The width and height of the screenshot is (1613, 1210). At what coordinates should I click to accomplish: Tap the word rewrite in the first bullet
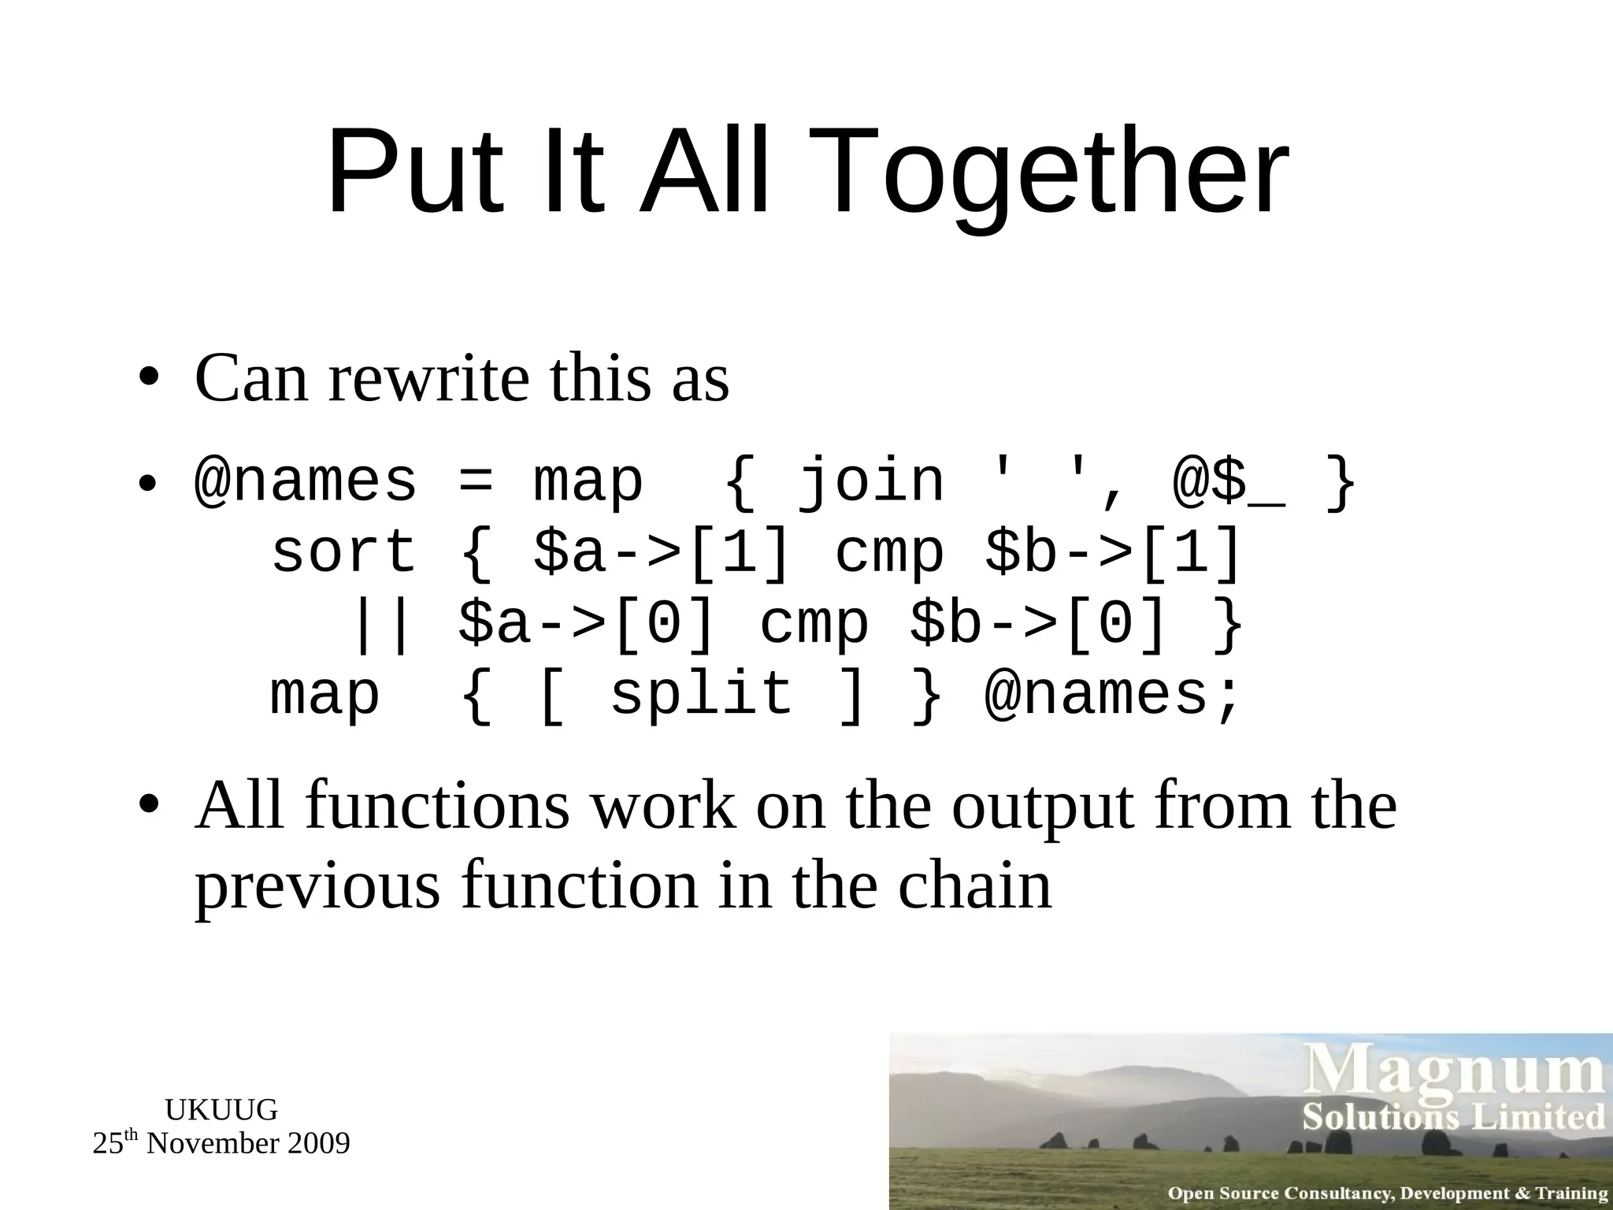[428, 380]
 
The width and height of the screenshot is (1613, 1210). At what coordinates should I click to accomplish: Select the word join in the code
[870, 482]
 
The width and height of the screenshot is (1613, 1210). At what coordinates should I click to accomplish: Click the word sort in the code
[343, 552]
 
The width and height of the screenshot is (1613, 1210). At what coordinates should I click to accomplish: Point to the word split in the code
[701, 695]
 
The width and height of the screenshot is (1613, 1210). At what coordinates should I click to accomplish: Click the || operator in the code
[382, 624]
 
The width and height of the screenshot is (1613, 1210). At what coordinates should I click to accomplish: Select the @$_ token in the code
[1229, 482]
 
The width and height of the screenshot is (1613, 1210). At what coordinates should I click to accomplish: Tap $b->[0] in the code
[1038, 624]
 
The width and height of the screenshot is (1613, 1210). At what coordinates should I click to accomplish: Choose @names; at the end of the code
[1113, 695]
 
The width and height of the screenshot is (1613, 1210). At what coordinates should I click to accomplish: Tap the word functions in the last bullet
[436, 807]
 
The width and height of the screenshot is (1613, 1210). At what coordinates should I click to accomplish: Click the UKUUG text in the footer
[221, 1110]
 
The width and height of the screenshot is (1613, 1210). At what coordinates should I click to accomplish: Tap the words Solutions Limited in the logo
[1454, 1118]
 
